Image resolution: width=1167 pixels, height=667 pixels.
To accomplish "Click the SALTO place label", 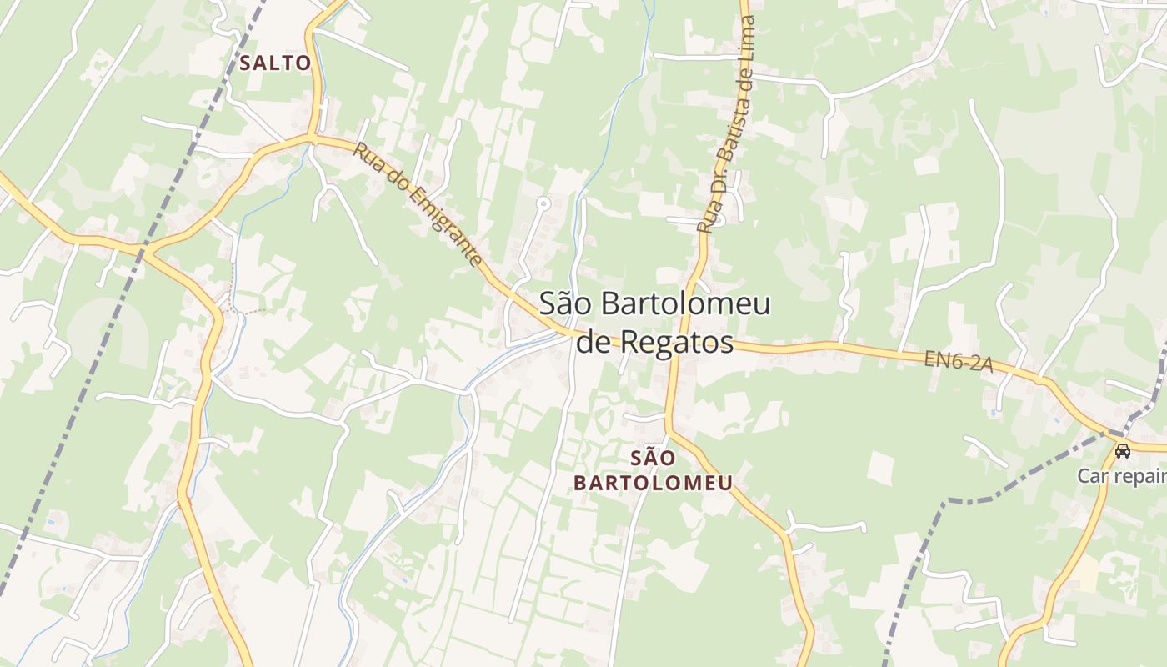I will point(275,63).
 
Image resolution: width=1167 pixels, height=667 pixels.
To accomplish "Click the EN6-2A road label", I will point(958,361).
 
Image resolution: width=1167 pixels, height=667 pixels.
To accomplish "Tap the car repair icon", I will point(1123,451).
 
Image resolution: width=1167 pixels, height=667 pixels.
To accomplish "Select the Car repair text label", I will point(1121,476).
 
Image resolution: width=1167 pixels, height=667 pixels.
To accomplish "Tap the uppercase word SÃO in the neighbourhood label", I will point(653,458).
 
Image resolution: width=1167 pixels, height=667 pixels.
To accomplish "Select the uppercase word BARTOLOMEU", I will point(653,483).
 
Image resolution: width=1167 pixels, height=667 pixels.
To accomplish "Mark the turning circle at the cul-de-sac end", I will point(543,203).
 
